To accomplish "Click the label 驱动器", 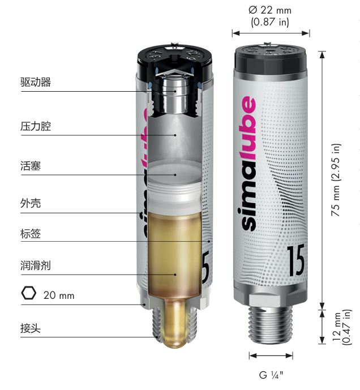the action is pyautogui.click(x=36, y=82).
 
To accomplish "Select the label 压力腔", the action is pyautogui.click(x=36, y=126).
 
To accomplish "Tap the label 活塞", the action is pyautogui.click(x=31, y=166).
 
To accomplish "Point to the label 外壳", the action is pyautogui.click(x=31, y=203).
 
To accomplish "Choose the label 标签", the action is pyautogui.click(x=31, y=234).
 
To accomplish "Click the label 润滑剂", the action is pyautogui.click(x=36, y=265).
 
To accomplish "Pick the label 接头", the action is pyautogui.click(x=31, y=328).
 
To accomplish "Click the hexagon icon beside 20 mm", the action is pyautogui.click(x=29, y=293).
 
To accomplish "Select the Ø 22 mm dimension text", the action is pyautogui.click(x=270, y=10).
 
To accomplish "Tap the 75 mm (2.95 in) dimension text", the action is pyautogui.click(x=336, y=179).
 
